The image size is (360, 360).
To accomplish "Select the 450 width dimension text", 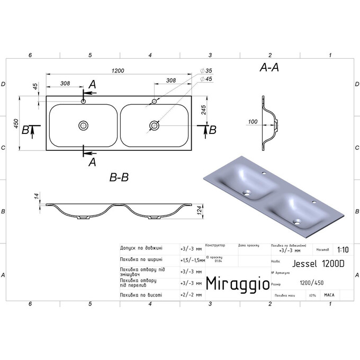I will tap(16, 123).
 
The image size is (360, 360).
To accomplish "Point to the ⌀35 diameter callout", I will tap(206, 70).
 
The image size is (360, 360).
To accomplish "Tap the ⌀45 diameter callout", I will tap(206, 79).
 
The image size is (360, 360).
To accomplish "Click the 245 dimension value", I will tap(203, 109).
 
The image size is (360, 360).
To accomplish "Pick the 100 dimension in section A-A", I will tap(252, 122).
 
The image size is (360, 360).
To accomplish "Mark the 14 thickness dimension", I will tap(37, 196).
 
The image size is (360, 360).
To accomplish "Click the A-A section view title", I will tap(270, 68).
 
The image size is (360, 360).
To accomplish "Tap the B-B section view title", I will tap(120, 178).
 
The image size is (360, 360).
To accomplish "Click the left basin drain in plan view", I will tap(83, 125).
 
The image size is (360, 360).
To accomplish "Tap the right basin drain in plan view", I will tap(154, 125).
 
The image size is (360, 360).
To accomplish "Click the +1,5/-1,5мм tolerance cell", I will tap(192, 259).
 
